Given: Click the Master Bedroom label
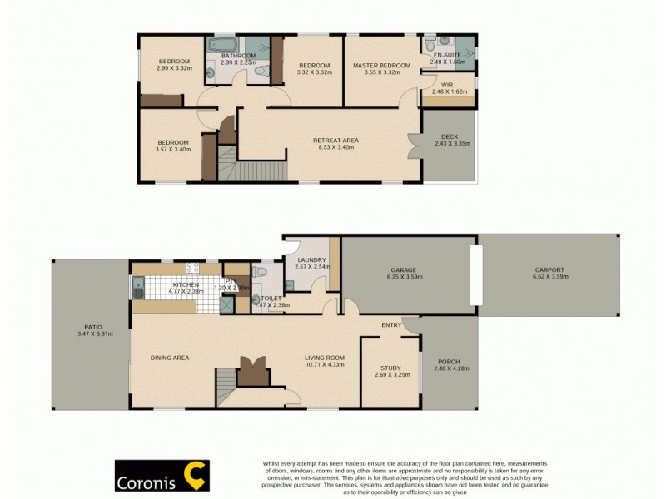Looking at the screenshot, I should (381, 66).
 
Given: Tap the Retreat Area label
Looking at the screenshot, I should (335, 141).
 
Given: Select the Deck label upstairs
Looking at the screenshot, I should (452, 140).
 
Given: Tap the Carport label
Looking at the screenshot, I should (549, 270).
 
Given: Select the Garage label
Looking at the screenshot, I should (404, 270).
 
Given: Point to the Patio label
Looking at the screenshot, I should (89, 328).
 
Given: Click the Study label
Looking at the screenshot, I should (390, 368).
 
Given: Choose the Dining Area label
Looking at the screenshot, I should (170, 358).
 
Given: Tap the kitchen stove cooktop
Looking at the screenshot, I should (193, 269).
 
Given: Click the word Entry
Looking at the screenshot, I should (391, 324).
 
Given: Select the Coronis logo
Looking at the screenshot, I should (162, 477).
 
